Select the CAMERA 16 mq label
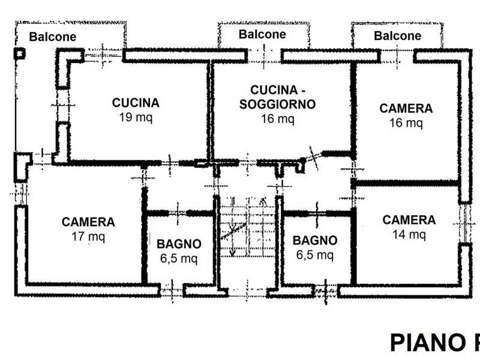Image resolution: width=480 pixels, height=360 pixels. click(406, 115)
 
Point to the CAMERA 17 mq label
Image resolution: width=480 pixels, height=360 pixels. click(88, 229)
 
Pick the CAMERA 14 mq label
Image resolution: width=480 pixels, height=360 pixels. click(409, 227)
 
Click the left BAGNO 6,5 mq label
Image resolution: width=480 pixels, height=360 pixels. click(179, 251)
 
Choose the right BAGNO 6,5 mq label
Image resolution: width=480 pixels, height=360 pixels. click(315, 247)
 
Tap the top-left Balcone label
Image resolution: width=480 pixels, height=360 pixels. click(53, 37)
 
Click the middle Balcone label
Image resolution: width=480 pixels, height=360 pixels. click(262, 34)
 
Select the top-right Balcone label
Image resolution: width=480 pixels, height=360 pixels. click(397, 36)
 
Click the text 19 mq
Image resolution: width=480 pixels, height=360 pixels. click(136, 118)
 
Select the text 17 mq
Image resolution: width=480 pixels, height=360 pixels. click(88, 236)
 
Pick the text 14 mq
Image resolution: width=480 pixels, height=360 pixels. click(409, 235)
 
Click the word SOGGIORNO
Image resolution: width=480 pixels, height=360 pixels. click(277, 104)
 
